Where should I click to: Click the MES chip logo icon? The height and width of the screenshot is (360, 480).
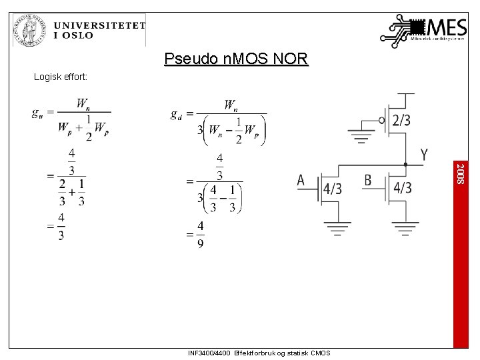coord(403,30)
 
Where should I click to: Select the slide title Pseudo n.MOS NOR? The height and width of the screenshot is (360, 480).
coord(237,59)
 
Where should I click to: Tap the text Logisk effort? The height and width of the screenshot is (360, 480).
coord(65,77)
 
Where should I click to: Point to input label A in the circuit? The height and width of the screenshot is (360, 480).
coord(301,180)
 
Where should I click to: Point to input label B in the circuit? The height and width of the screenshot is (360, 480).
coord(368,180)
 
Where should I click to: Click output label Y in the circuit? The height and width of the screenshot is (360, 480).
coord(424,155)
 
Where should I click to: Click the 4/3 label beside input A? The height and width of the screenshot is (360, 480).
coord(332,189)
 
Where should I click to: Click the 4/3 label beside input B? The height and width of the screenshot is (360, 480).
coord(402,189)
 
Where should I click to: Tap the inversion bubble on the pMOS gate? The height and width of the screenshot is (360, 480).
coord(381,120)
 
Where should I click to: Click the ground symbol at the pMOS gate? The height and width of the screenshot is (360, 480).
coord(363,140)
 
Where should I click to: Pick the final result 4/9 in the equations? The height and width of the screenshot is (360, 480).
coord(200,235)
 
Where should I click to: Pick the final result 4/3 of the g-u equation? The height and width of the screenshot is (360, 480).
coord(61,227)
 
